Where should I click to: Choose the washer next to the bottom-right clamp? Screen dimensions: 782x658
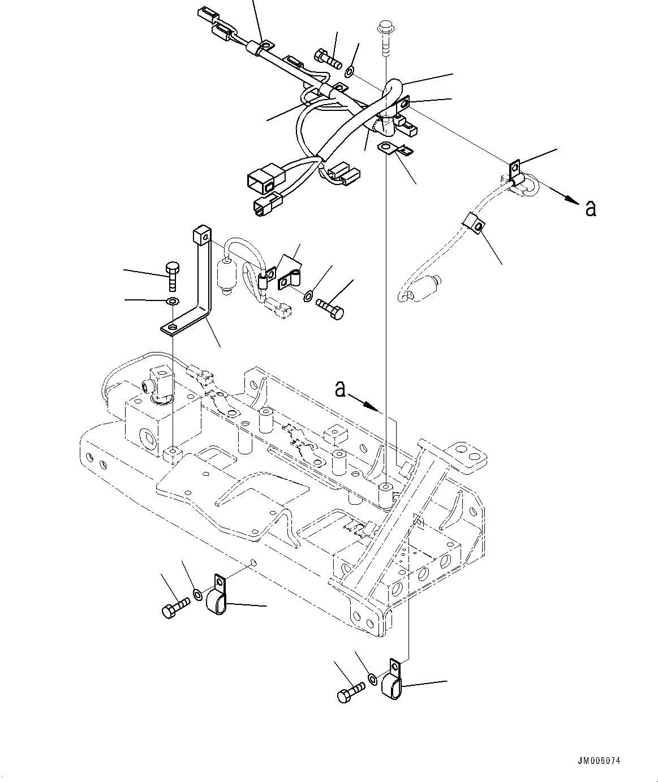click(372, 678)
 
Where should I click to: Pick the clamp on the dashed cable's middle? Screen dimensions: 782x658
click(472, 224)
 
